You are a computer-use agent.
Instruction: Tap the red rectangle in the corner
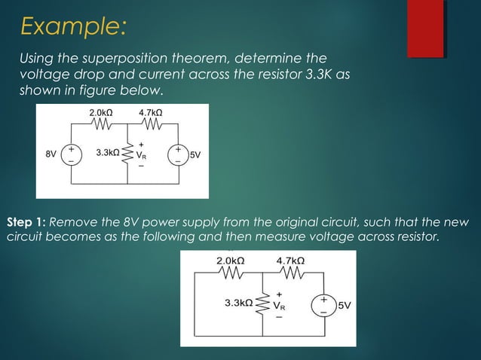point(425,29)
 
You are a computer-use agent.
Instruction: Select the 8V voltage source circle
point(72,154)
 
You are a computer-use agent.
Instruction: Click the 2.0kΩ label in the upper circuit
point(103,112)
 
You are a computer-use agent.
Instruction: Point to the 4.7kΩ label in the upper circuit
point(152,112)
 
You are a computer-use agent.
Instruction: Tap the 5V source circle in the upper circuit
point(179,154)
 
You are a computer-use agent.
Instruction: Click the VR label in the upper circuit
point(141,155)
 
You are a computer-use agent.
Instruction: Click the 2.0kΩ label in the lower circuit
point(231,261)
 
